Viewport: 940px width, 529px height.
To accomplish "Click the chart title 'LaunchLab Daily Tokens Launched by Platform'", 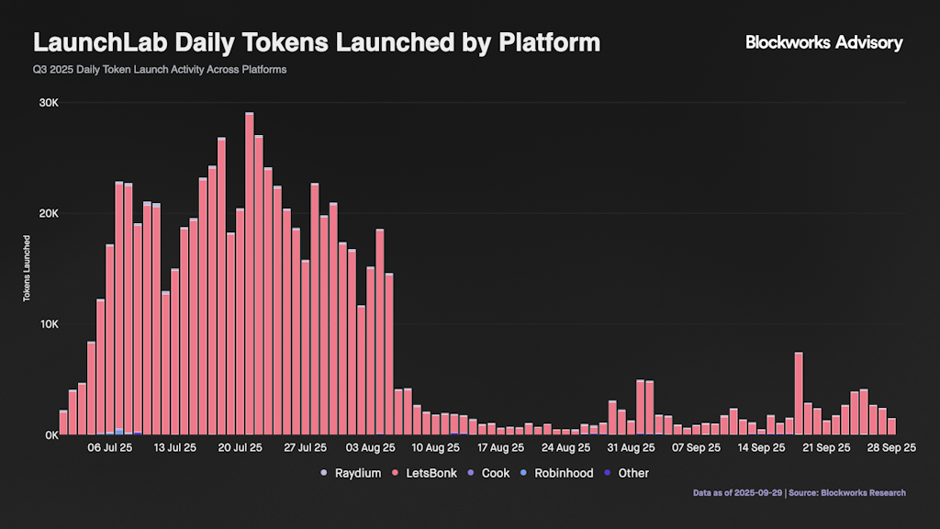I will pyautogui.click(x=317, y=42).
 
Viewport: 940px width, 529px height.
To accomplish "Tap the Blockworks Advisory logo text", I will pyautogui.click(x=823, y=42).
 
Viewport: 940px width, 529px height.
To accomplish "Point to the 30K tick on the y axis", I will pyautogui.click(x=48, y=103).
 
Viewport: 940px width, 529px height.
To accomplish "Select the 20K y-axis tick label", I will pyautogui.click(x=48, y=214).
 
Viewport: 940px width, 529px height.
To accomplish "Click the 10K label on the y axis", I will pyautogui.click(x=48, y=325).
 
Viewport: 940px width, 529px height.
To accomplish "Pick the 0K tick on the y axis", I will pyautogui.click(x=50, y=435).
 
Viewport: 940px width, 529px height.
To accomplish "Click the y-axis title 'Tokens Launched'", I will pyautogui.click(x=28, y=269).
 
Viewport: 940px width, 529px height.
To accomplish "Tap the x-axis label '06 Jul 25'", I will pyautogui.click(x=110, y=448).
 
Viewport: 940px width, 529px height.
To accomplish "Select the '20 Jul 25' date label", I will pyautogui.click(x=241, y=448).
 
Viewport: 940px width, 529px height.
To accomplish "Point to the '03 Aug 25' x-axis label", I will pyautogui.click(x=371, y=448).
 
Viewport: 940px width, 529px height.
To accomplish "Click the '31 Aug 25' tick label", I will pyautogui.click(x=632, y=448).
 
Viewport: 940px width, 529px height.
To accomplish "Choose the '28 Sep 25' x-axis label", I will pyautogui.click(x=892, y=448).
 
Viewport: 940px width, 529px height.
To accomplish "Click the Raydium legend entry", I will pyautogui.click(x=351, y=473).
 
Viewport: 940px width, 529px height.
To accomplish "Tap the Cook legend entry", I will pyautogui.click(x=489, y=473).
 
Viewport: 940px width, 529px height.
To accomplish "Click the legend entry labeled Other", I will pyautogui.click(x=626, y=473).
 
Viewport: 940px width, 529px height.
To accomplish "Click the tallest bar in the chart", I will pyautogui.click(x=250, y=276).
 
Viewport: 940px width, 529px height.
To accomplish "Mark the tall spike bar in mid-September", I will pyautogui.click(x=799, y=395).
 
